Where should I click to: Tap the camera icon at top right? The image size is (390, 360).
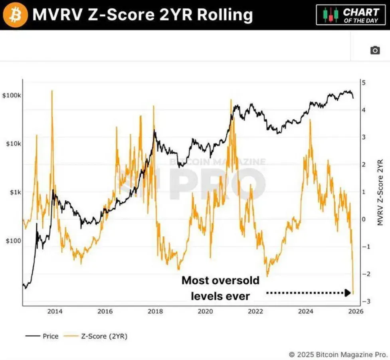tap(375, 50)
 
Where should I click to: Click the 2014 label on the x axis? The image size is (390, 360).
tap(55, 311)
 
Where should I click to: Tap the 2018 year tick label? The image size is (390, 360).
tap(155, 311)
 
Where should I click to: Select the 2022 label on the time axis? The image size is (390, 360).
tap(255, 311)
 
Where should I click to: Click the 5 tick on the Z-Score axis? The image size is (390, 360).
tap(363, 83)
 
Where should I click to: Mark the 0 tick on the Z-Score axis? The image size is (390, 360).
tap(363, 219)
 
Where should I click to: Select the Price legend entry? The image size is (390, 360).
tap(42, 336)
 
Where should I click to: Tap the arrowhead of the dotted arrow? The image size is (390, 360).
tap(348, 293)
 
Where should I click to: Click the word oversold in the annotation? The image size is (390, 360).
tap(235, 281)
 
